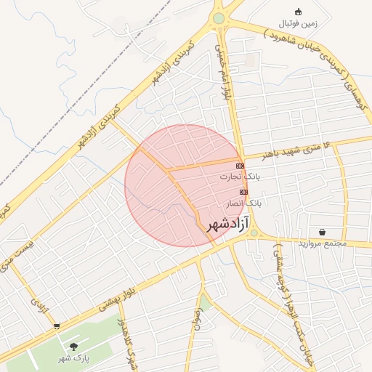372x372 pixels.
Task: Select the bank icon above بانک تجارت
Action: tap(240, 166)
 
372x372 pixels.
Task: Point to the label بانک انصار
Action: tap(243, 203)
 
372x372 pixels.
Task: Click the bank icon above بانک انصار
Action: tap(243, 192)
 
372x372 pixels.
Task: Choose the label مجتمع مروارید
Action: tap(323, 243)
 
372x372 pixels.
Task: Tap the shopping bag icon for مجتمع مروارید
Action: tap(322, 232)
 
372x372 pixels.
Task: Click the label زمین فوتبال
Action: tap(299, 23)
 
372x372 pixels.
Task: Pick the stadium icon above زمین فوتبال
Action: tap(298, 12)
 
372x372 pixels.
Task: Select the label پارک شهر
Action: tap(73, 357)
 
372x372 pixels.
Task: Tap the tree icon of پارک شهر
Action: tap(73, 347)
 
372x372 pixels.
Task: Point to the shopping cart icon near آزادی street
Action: tap(57, 326)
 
